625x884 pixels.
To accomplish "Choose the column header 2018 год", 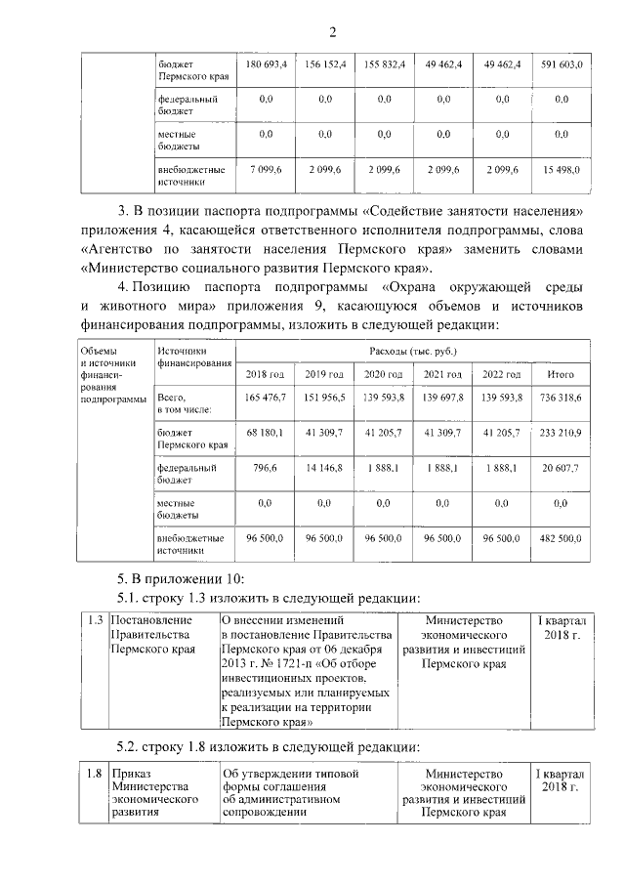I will pyautogui.click(x=265, y=375).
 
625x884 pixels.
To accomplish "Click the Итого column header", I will pyautogui.click(x=561, y=375).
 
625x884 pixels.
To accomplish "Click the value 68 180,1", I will pyautogui.click(x=265, y=432).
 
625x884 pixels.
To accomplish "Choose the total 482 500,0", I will pyautogui.click(x=561, y=537).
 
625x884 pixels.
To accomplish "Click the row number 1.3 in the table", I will pyautogui.click(x=95, y=620).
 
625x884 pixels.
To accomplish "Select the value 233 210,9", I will pyautogui.click(x=561, y=432).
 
